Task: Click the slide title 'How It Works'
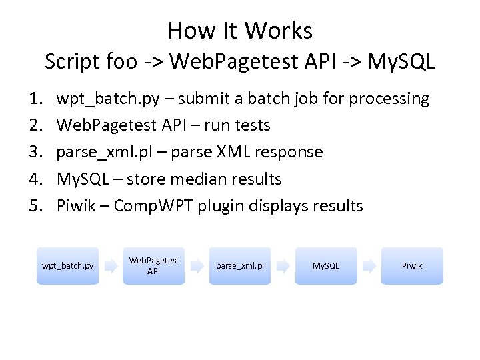coord(240,31)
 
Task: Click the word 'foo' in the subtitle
coord(119,61)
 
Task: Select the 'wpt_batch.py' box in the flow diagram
coord(67,266)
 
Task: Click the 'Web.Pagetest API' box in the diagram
coord(153,266)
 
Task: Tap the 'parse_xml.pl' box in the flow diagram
coord(240,266)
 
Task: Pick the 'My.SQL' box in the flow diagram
coord(326,266)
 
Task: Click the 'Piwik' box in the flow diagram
coord(412,266)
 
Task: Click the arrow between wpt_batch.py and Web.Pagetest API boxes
coord(111,266)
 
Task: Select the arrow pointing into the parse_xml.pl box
coord(197,266)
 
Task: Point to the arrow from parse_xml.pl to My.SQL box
coord(283,266)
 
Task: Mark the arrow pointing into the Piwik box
coord(369,266)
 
